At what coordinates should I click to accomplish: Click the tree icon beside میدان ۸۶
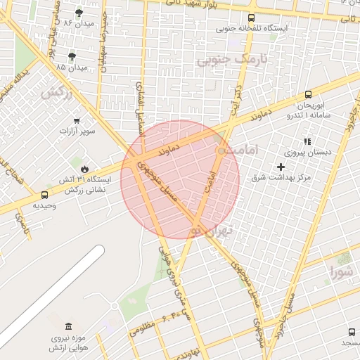[78, 13]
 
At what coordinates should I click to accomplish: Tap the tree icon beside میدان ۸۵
[72, 56]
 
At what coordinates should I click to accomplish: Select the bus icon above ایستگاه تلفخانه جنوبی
[252, 18]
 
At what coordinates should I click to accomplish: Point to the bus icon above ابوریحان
[308, 95]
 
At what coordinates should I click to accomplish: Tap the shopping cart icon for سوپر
[77, 120]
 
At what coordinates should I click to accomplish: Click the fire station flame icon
[84, 169]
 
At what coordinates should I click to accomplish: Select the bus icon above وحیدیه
[45, 195]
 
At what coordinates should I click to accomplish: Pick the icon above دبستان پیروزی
[307, 141]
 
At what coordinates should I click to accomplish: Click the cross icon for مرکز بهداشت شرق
[281, 167]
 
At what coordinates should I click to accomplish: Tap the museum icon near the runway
[67, 328]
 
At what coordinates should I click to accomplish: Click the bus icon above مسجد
[351, 332]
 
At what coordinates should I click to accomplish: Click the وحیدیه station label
[45, 205]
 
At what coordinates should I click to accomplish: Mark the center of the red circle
[180, 179]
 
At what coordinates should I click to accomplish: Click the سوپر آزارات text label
[77, 131]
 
